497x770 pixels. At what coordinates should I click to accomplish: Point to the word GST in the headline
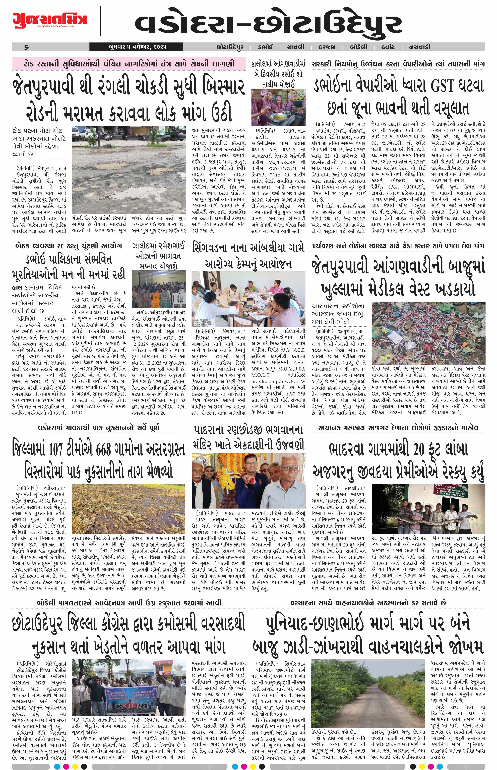coord(446,86)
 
